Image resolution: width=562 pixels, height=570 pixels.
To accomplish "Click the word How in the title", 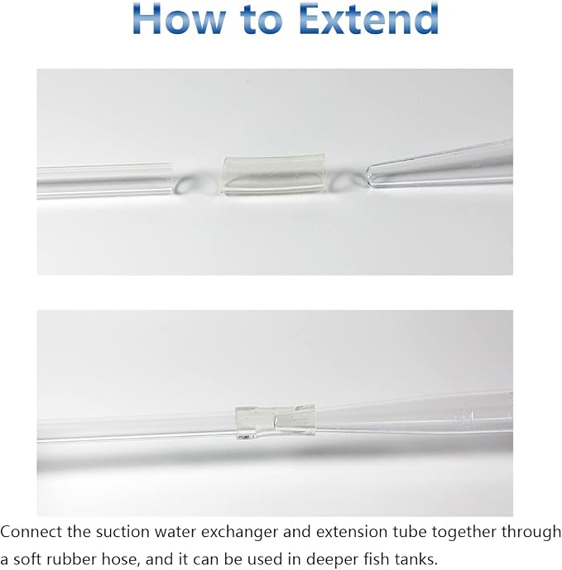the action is [179, 18].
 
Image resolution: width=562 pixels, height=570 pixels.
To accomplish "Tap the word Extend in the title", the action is [369, 18].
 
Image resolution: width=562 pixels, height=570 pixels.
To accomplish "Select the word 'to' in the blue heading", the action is [262, 20].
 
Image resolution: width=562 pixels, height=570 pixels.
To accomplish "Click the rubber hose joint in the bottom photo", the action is [275, 422].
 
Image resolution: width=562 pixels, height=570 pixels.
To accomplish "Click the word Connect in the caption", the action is [31, 532].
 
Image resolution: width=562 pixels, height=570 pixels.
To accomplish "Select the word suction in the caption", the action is [122, 532].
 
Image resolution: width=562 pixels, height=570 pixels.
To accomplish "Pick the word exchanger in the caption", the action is [239, 533].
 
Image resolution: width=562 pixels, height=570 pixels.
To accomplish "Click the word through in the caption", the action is [531, 533].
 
